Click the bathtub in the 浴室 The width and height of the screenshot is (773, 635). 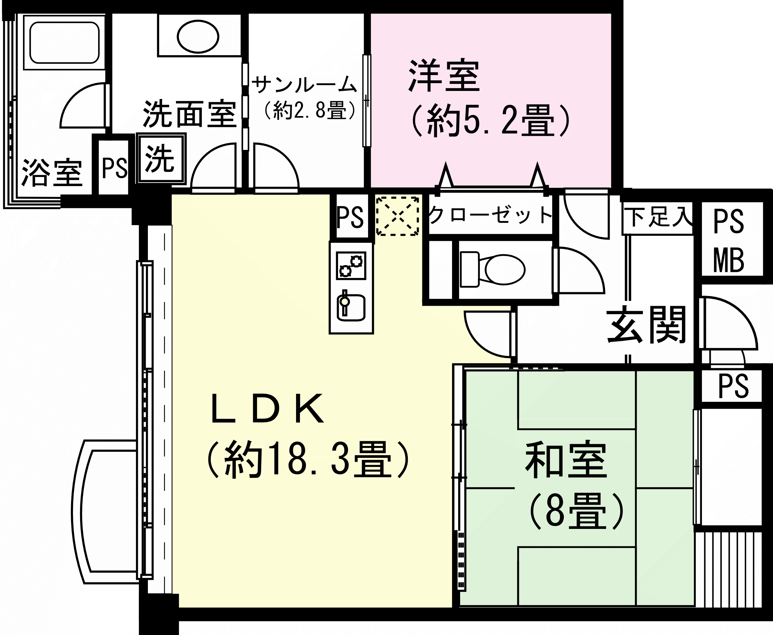65,43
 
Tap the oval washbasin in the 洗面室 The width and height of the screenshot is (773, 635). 198,36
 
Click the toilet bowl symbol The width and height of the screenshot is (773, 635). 492,270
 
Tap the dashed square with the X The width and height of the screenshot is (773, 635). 397,216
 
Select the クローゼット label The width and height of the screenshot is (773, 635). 490,215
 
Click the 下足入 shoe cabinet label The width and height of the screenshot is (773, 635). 658,218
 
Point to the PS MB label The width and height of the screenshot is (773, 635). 729,241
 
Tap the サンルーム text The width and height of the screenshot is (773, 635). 304,85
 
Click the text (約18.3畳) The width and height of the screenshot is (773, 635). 308,460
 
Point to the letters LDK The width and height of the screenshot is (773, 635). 268,409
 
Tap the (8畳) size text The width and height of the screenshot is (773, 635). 576,511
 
